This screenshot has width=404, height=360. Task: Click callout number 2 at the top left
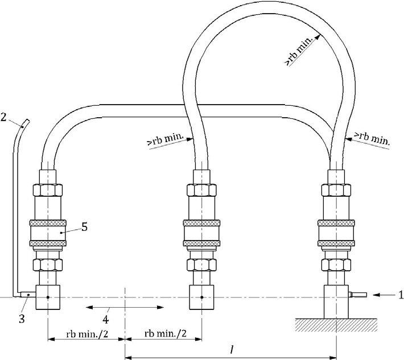(x=4, y=118)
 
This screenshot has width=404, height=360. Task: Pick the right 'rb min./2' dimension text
(x=164, y=332)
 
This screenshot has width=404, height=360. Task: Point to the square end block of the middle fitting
(x=203, y=297)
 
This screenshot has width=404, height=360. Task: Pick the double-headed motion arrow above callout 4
(x=125, y=307)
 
